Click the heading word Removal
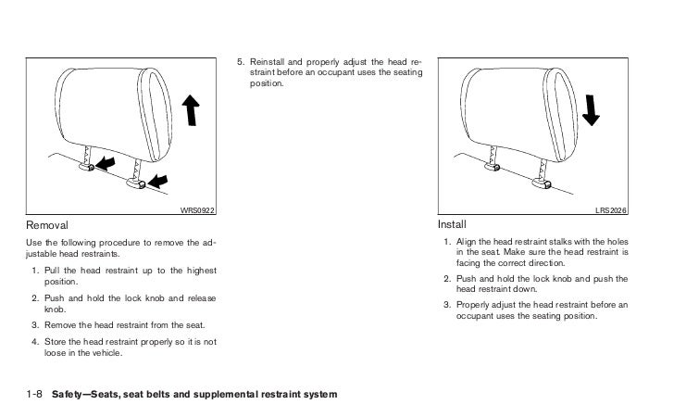click(45, 225)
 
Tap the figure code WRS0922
click(197, 211)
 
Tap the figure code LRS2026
click(611, 211)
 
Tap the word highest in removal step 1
click(197, 269)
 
